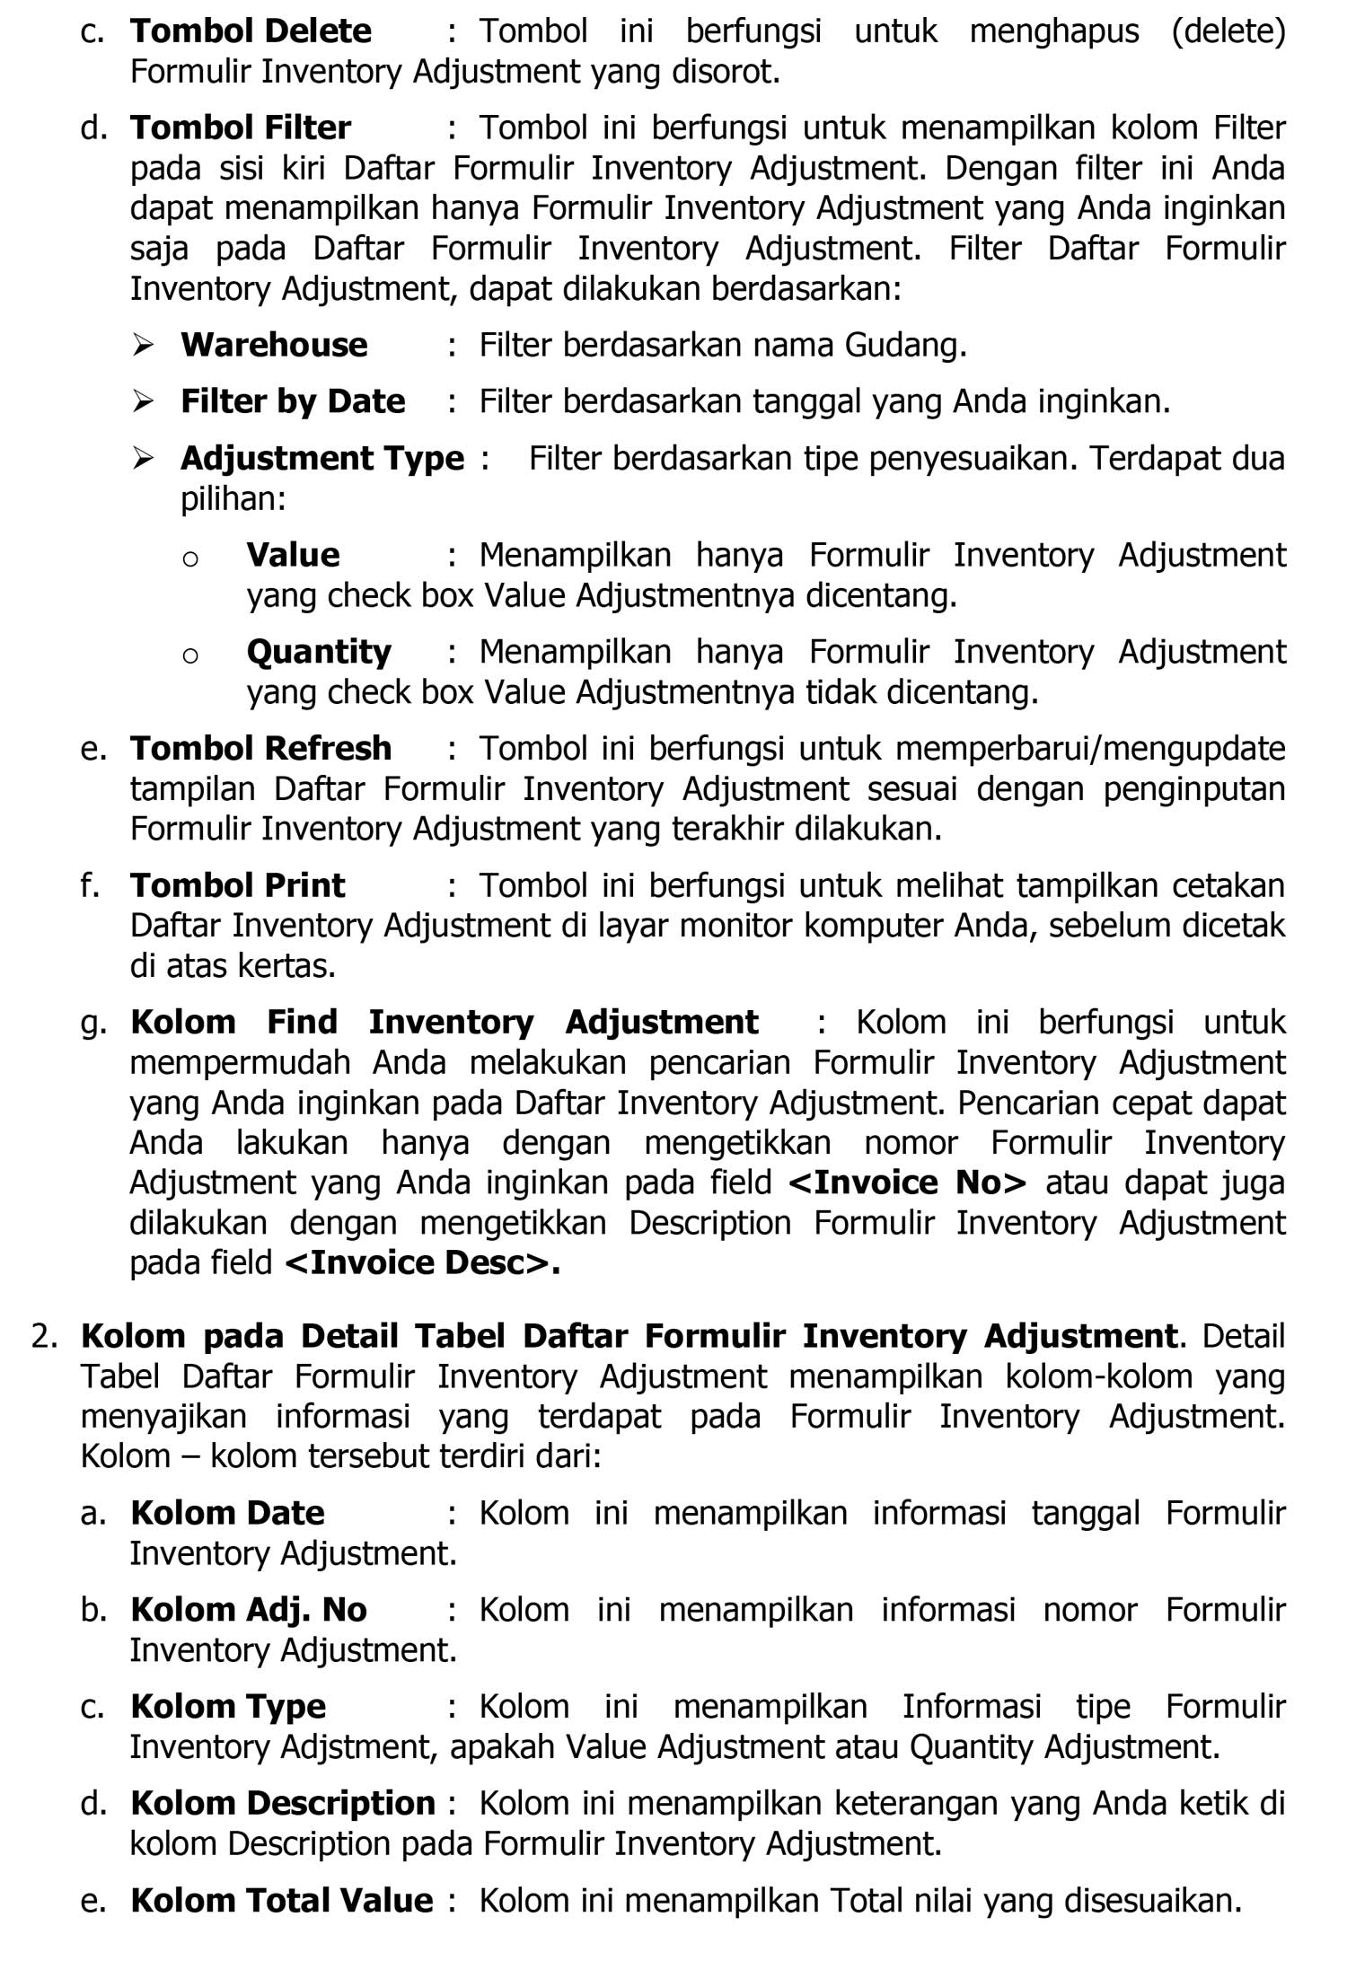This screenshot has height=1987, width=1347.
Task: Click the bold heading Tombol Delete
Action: pos(251,31)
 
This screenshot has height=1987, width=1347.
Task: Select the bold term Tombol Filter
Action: pos(241,127)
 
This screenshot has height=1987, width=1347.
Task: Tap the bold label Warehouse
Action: pos(274,345)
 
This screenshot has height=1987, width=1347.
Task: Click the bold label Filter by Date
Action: pos(293,401)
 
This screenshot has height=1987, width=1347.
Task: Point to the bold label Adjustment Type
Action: pos(322,459)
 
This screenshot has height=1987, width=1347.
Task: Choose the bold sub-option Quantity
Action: pos(319,652)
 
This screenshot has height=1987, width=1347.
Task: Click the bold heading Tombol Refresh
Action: pos(260,748)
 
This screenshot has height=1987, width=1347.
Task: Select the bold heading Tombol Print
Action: pos(237,885)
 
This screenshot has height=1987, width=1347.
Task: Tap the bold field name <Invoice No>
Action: pos(907,1183)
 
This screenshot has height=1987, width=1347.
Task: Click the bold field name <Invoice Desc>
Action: pos(422,1262)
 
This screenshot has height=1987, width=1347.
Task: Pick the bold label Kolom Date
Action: pos(227,1513)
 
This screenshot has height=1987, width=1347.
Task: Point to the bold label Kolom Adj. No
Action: pos(249,1610)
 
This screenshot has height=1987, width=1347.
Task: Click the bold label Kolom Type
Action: pos(228,1706)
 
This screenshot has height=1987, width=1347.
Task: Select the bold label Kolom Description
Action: pos(283,1803)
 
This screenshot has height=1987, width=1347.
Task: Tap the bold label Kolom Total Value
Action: pos(282,1900)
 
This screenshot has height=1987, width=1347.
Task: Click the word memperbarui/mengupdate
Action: pos(1092,748)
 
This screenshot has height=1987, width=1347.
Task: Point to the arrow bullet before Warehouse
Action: pos(143,345)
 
